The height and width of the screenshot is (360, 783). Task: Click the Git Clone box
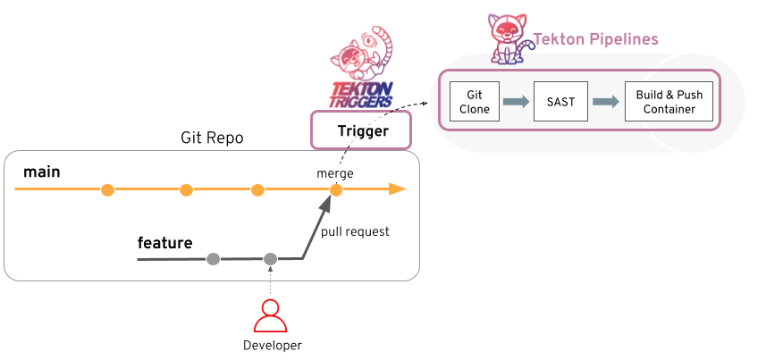coord(475,102)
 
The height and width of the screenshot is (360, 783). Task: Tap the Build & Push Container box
coord(669,102)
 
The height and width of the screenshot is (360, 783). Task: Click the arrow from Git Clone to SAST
coord(517,102)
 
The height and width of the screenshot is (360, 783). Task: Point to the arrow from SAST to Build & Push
coord(606,102)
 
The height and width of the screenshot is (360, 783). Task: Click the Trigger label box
coord(362,131)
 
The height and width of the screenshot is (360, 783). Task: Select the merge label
coord(336,172)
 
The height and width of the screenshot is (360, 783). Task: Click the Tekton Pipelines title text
coord(595,39)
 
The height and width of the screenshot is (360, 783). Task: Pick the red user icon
coord(270,315)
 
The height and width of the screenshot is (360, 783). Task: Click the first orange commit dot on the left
coord(107,189)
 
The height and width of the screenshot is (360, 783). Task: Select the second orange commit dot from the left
coord(186,189)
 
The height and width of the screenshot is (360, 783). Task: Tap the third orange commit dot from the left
coord(257,189)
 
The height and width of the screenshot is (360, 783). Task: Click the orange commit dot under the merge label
coord(336,189)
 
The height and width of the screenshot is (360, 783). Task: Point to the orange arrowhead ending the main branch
coord(398,189)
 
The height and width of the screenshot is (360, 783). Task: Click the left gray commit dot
coord(213,259)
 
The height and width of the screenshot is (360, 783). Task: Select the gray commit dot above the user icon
coord(270,259)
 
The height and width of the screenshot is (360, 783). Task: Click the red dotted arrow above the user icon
coord(270,281)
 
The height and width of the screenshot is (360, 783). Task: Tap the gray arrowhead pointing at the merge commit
coord(327,205)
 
